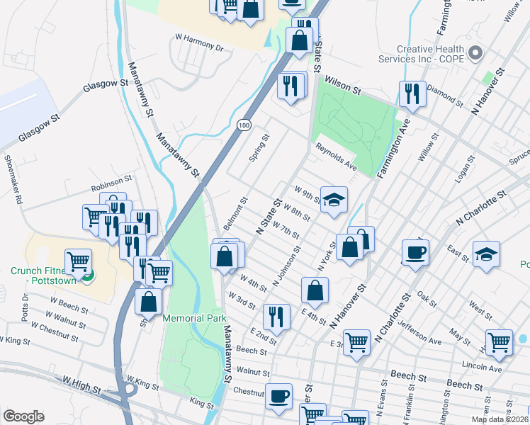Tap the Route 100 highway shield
(x=244, y=125)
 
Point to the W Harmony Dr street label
(x=199, y=42)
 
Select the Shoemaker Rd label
(x=14, y=179)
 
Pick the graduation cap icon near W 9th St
(x=334, y=199)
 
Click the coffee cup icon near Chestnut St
(x=278, y=396)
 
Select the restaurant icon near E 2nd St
(x=276, y=316)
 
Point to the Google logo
(x=23, y=416)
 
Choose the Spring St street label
(x=260, y=148)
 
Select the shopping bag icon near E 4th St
(x=315, y=290)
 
